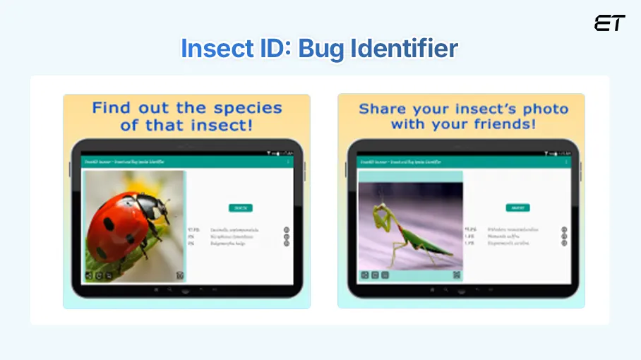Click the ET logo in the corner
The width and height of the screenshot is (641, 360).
[x=609, y=23]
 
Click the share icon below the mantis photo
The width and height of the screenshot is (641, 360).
[x=365, y=275]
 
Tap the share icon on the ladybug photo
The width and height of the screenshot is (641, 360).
[x=89, y=275]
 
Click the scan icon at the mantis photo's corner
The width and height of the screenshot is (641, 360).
[x=457, y=275]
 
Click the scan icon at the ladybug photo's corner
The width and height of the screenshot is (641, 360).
[x=180, y=275]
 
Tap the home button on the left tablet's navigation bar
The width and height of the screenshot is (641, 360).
[x=186, y=290]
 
